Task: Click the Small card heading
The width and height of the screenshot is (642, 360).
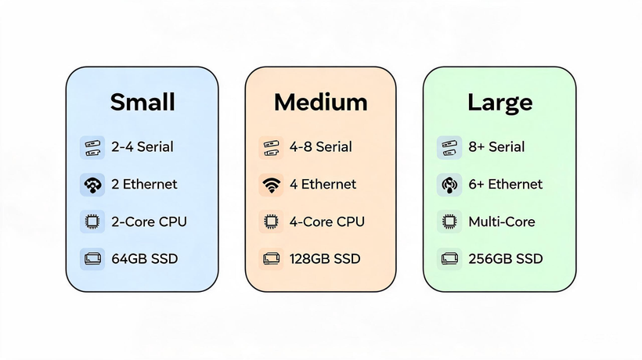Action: pyautogui.click(x=142, y=102)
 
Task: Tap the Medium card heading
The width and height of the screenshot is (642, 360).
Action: pyautogui.click(x=320, y=102)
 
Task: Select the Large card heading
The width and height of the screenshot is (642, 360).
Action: pyautogui.click(x=500, y=103)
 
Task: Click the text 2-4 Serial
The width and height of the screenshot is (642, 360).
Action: pyautogui.click(x=142, y=147)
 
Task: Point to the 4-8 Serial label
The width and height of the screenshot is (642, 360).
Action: pyautogui.click(x=320, y=147)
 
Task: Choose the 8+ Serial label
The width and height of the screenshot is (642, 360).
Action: pyautogui.click(x=496, y=147)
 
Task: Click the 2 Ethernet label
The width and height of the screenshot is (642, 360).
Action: pyautogui.click(x=144, y=184)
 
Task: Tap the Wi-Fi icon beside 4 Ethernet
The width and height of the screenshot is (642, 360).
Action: pyautogui.click(x=271, y=185)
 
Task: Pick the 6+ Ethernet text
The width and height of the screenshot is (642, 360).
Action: pyautogui.click(x=505, y=184)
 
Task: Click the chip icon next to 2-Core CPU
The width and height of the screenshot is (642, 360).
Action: pyautogui.click(x=92, y=221)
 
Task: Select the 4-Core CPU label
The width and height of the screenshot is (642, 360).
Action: pyautogui.click(x=326, y=221)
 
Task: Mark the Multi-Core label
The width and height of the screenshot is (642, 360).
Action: pyautogui.click(x=502, y=221)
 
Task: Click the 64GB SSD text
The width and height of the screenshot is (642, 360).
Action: pyautogui.click(x=145, y=259)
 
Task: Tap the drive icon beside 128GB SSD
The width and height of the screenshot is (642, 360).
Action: pyautogui.click(x=271, y=259)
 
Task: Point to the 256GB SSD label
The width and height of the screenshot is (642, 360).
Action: pyautogui.click(x=506, y=259)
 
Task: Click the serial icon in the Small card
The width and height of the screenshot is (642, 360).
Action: pyautogui.click(x=92, y=148)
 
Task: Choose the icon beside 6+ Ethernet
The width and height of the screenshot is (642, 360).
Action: pyautogui.click(x=449, y=185)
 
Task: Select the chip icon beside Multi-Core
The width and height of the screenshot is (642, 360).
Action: pyautogui.click(x=449, y=221)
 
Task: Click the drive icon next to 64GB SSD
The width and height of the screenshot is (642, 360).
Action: pyautogui.click(x=92, y=259)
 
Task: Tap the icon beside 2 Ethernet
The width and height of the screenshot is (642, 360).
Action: pyautogui.click(x=92, y=185)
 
